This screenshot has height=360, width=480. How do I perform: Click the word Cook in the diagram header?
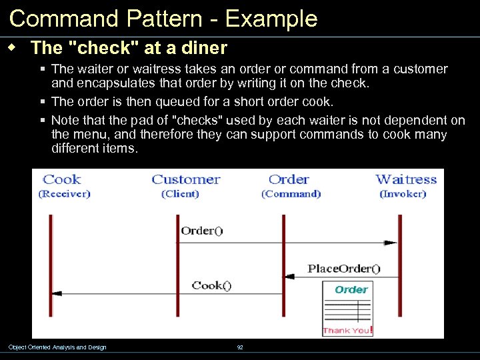(61, 179)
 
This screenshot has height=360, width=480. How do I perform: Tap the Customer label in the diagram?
(185, 179)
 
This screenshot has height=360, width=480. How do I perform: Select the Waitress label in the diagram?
(406, 179)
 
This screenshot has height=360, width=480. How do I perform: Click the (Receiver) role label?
(64, 194)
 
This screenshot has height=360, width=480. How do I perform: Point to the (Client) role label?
(180, 194)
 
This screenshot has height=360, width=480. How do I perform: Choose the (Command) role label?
(291, 194)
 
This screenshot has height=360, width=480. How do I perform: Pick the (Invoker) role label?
(403, 194)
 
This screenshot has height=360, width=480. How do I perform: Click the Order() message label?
(201, 231)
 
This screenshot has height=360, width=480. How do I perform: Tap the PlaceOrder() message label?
(344, 269)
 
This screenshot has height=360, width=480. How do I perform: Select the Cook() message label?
(211, 285)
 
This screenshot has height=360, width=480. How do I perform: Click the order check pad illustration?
(347, 309)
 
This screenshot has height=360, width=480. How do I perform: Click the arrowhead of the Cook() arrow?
(57, 293)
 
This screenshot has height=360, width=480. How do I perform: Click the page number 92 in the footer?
(240, 347)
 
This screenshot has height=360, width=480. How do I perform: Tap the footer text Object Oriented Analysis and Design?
(57, 347)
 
